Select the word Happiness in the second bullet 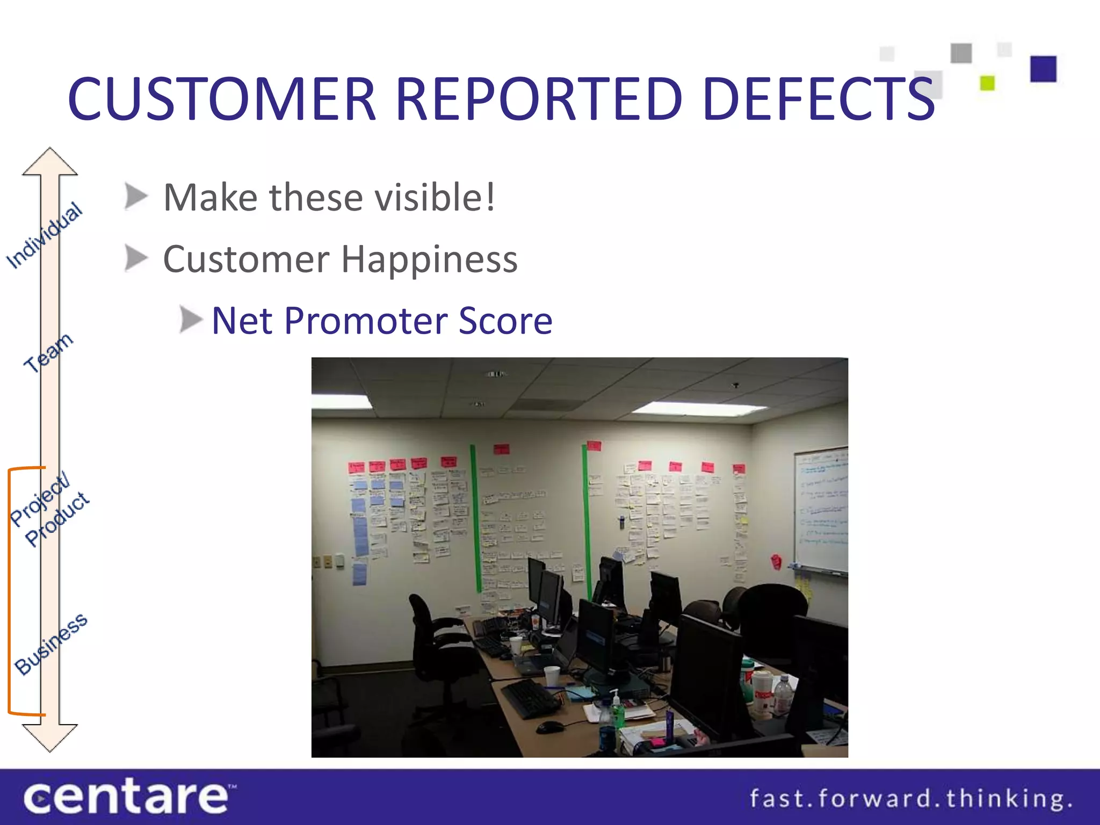(429, 259)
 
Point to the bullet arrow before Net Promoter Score (190, 320)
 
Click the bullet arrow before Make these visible (135, 197)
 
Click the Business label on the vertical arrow (51, 643)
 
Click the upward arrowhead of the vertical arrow (50, 161)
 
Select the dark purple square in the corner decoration (1043, 69)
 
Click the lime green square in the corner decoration (987, 83)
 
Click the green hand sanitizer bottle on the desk (618, 712)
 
